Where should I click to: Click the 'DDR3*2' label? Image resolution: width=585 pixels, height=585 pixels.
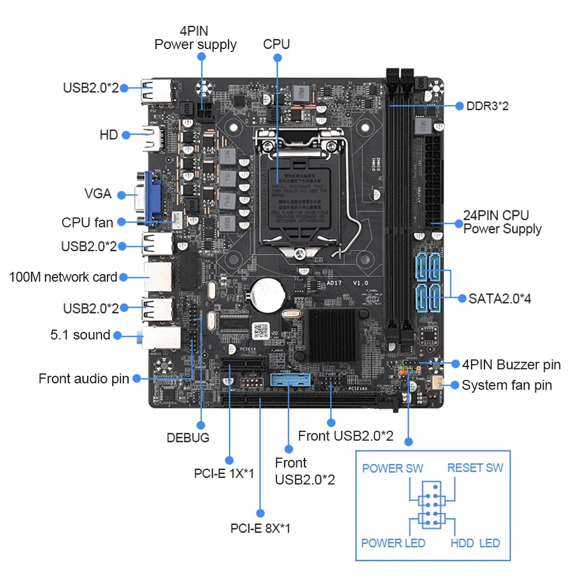pyautogui.click(x=487, y=106)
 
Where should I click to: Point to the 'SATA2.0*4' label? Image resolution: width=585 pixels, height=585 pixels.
pyautogui.click(x=500, y=299)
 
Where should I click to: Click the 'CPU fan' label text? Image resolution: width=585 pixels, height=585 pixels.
pyautogui.click(x=87, y=222)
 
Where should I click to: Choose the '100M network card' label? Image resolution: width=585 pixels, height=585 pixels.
pyautogui.click(x=63, y=276)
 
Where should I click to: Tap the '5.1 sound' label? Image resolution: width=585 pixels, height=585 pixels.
pyautogui.click(x=79, y=335)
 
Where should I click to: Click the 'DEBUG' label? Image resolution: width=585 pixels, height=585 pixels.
pyautogui.click(x=188, y=437)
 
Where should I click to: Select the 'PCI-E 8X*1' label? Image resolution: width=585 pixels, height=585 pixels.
pyautogui.click(x=260, y=528)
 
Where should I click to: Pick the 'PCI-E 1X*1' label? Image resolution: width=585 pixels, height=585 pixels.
pyautogui.click(x=224, y=473)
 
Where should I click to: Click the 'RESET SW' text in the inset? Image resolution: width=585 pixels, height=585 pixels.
pyautogui.click(x=475, y=468)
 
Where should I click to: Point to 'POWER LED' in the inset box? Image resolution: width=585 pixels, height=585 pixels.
pyautogui.click(x=393, y=543)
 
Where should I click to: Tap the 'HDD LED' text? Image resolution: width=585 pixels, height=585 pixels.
pyautogui.click(x=475, y=543)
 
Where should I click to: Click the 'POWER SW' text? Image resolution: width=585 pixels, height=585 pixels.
pyautogui.click(x=392, y=468)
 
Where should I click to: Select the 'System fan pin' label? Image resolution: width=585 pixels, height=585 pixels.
pyautogui.click(x=507, y=385)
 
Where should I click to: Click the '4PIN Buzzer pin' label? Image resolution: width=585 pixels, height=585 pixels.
pyautogui.click(x=511, y=365)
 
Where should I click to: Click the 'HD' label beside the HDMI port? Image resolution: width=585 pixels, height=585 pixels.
pyautogui.click(x=109, y=134)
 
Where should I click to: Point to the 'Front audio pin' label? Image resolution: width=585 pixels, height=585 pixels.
pyautogui.click(x=84, y=378)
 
